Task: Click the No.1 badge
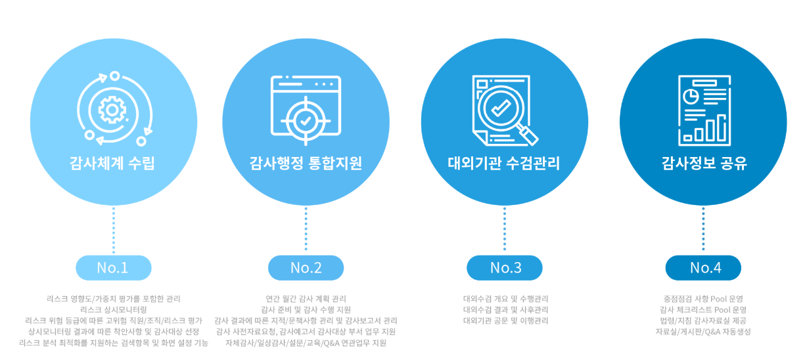click(113, 268)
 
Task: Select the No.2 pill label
click(306, 268)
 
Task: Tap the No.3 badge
click(505, 268)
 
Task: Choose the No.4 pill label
click(703, 268)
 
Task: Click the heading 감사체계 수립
click(113, 164)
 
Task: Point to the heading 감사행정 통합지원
click(306, 164)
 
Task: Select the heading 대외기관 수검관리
click(505, 164)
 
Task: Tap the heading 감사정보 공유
click(704, 164)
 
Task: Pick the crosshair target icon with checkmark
click(306, 120)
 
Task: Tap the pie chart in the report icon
click(691, 97)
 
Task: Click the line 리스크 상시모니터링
click(113, 309)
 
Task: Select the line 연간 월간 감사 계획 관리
click(306, 299)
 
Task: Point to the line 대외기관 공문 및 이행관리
click(505, 321)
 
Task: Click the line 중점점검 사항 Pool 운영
click(703, 299)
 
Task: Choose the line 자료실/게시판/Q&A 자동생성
click(703, 332)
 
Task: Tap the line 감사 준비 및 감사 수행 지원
click(306, 309)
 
